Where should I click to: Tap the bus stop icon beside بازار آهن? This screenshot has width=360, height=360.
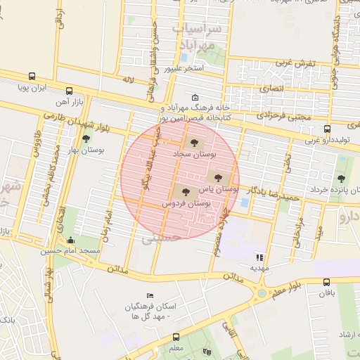coord(69,91)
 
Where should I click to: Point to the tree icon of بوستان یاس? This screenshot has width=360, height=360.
coord(215,176)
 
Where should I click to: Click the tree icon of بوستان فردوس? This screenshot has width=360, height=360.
coord(186,191)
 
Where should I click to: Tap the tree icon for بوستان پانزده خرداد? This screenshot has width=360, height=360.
coord(341,179)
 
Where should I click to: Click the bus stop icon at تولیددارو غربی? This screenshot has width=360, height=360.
coord(327,129)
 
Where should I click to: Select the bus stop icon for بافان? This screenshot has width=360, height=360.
coord(327,282)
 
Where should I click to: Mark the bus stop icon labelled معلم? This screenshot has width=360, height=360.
coord(176,336)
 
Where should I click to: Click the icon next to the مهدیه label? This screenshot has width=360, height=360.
coord(259,257)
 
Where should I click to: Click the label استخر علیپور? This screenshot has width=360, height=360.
coord(184,69)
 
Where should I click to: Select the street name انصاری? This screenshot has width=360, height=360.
coord(271,89)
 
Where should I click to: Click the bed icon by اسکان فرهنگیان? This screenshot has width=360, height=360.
coord(149,295)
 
